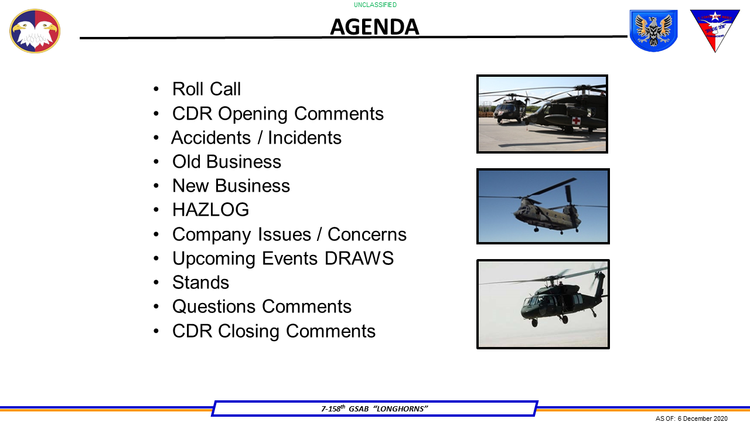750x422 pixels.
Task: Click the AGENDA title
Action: coord(374,27)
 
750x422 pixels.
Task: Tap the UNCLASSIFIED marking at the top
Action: coord(375,5)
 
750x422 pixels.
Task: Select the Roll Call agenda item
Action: coord(206,89)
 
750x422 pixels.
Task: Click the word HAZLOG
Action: coord(210,209)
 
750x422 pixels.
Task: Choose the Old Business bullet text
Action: coord(227,161)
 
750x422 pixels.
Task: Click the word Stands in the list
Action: coord(200,283)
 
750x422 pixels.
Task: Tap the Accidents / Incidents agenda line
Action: coord(256,137)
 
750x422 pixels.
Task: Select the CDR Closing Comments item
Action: coord(274,331)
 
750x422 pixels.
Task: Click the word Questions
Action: coord(214,307)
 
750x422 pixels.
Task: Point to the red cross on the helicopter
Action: coord(577,121)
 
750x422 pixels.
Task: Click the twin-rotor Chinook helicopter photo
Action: coord(543,206)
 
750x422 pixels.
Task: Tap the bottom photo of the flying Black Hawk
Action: coord(543,304)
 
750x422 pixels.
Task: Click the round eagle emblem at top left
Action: coord(35,31)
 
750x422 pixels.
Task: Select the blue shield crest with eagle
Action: coord(653,30)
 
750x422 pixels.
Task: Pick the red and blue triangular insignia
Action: coord(715,29)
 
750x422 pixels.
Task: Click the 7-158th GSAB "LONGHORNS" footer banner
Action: coord(374,409)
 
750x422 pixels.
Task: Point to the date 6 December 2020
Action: coord(702,418)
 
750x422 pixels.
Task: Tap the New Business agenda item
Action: coord(231,185)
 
